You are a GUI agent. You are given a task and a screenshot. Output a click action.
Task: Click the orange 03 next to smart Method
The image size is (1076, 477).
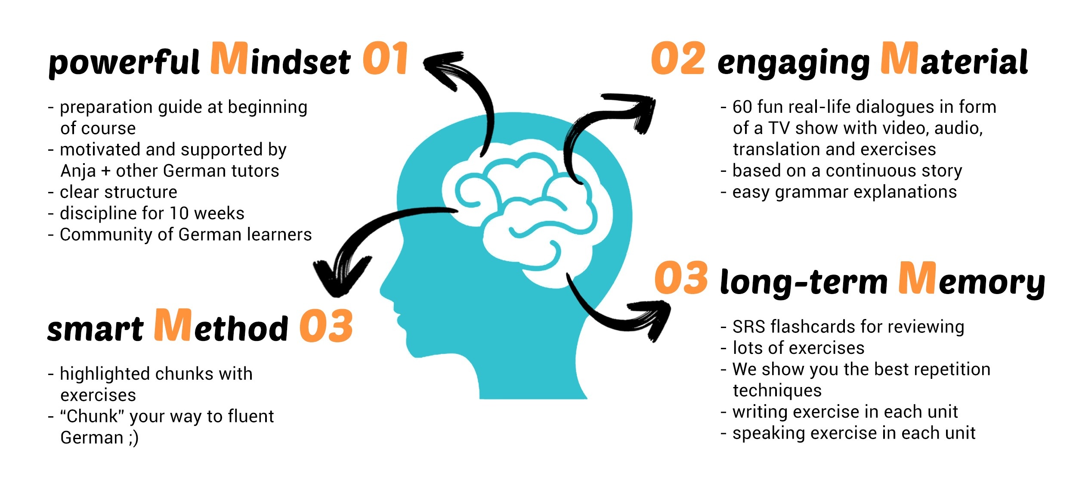pos(326,326)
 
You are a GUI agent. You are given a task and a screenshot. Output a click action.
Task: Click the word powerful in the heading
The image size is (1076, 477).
pos(124,63)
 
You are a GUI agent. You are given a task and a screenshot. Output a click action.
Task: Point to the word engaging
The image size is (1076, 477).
pos(793,64)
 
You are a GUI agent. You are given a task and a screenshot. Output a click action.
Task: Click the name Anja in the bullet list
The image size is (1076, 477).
pos(78,171)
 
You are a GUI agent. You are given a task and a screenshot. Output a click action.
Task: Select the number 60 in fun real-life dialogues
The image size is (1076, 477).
pos(742,107)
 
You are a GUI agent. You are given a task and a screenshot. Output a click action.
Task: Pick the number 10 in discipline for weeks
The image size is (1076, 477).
pos(178,213)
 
